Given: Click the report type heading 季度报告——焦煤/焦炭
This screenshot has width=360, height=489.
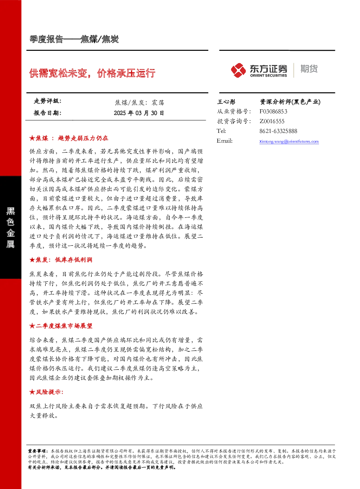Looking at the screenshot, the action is pos(74,39).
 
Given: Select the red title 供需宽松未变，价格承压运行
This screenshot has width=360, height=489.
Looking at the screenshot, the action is pos(92,73).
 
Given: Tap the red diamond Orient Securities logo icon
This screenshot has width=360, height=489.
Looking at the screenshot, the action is pos(238,70).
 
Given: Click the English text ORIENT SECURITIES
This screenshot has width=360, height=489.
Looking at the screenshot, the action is pos(268,76).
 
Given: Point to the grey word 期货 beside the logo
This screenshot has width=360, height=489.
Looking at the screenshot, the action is pos(309,69).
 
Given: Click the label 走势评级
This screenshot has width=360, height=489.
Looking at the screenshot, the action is pos(47,101).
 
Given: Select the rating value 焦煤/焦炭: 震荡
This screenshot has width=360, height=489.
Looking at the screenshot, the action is pos(139,102).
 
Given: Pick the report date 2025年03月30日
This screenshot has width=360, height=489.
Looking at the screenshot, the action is pos(139,113).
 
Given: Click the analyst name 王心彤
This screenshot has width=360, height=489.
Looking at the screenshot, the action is pos(226,102).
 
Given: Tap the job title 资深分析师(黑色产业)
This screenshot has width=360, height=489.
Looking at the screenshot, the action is pos(290,102).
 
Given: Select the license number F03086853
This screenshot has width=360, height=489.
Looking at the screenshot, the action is pos(273,111).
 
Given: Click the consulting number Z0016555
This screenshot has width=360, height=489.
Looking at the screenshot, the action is pos(272,121).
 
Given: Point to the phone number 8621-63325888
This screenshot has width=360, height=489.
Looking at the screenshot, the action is pos(278,131).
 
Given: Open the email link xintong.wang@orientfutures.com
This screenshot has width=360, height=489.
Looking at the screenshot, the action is pos(289,142).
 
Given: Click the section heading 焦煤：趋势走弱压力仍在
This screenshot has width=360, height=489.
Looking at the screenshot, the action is pos(69,138).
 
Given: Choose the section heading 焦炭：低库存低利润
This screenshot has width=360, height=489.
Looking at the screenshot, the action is pos(61,260).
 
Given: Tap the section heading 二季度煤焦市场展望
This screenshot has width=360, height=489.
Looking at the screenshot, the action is pos(61,326).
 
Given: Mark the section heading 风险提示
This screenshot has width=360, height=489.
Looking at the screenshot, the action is pos(46,392).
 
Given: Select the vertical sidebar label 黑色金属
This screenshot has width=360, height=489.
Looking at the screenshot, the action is pos(11,228).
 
